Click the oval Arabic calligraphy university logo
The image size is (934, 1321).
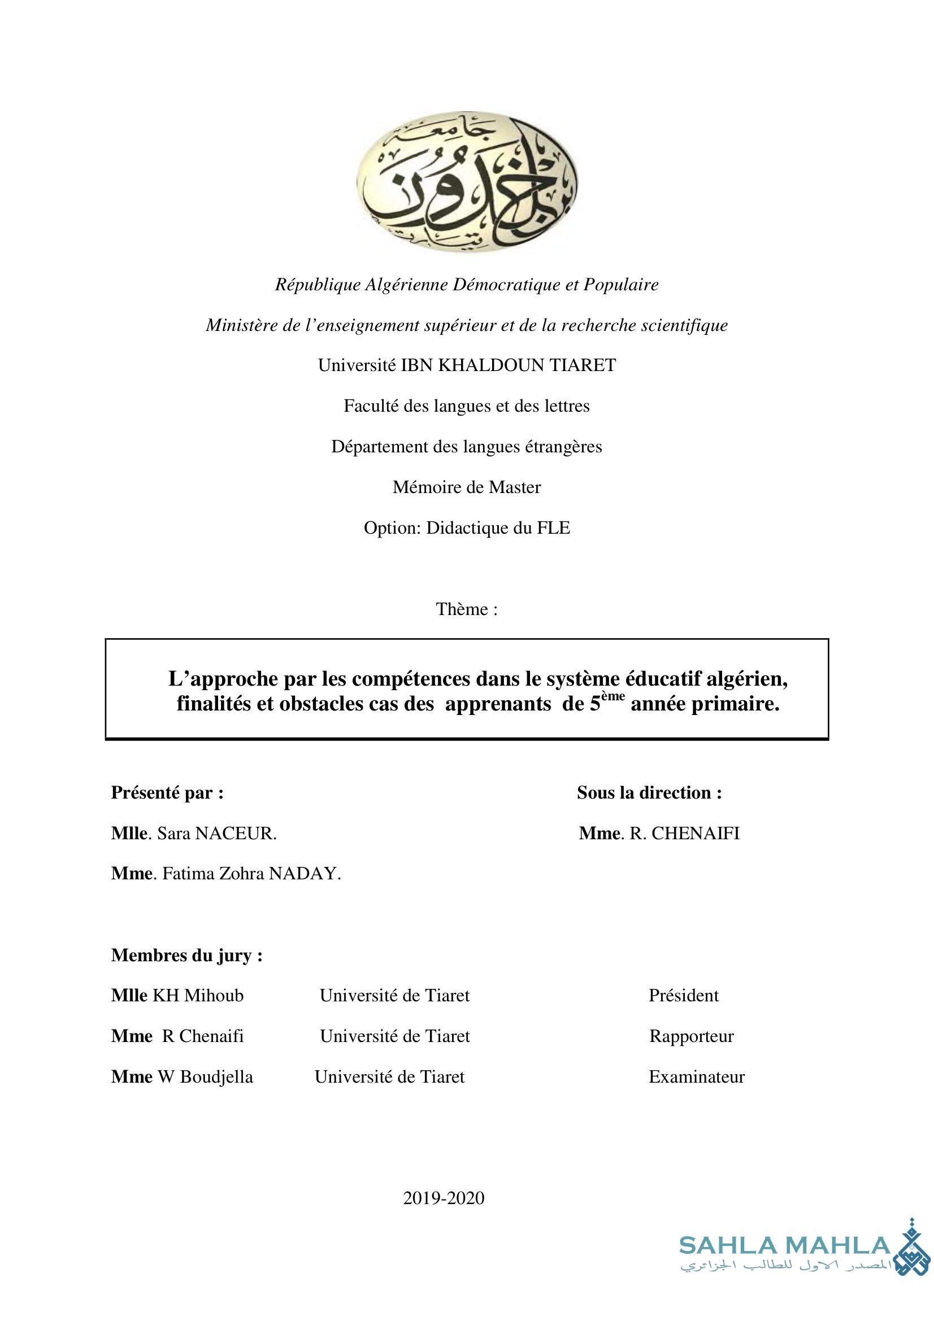pyautogui.click(x=467, y=182)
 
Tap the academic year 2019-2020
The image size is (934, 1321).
pyautogui.click(x=444, y=1198)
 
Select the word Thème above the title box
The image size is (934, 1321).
pyautogui.click(x=462, y=609)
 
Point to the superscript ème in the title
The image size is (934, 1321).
pyautogui.click(x=613, y=696)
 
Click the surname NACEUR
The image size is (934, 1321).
pyautogui.click(x=236, y=833)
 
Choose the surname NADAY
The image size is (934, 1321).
pyautogui.click(x=305, y=873)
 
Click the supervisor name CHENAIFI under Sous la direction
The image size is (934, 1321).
pyautogui.click(x=695, y=833)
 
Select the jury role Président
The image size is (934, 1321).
pyautogui.click(x=684, y=995)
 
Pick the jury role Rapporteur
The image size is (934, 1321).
pyautogui.click(x=691, y=1036)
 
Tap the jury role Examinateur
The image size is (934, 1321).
pyautogui.click(x=696, y=1076)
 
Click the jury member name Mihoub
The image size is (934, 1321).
pyautogui.click(x=214, y=995)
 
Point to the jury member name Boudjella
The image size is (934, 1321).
pyautogui.click(x=216, y=1077)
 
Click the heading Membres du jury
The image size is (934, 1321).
pyautogui.click(x=186, y=955)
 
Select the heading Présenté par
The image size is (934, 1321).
pyautogui.click(x=167, y=793)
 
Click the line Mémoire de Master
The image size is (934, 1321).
pyautogui.click(x=467, y=487)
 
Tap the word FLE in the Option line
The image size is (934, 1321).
pyautogui.click(x=553, y=528)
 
